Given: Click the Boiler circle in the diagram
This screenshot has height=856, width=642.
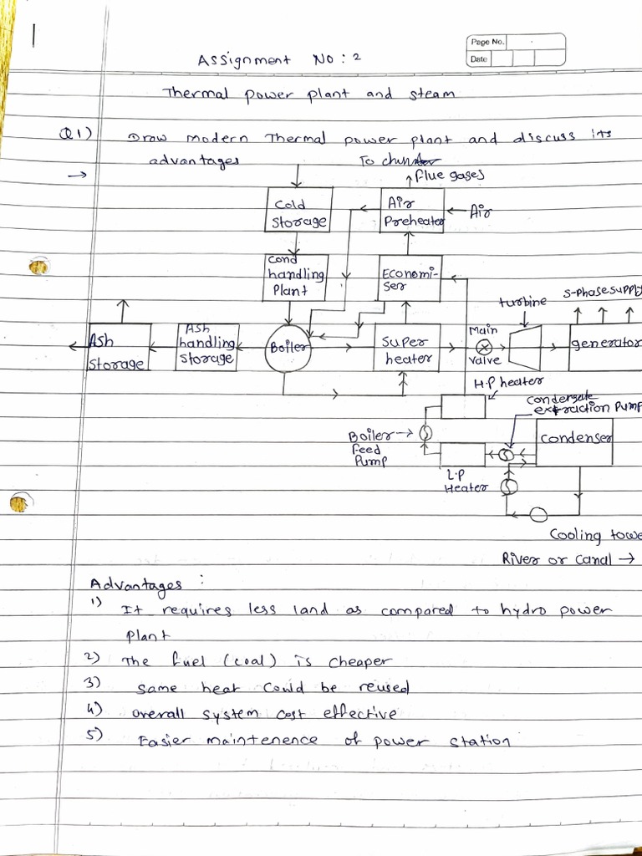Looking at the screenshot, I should click(289, 348).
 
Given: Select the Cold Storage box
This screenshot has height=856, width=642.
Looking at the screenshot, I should click(299, 210).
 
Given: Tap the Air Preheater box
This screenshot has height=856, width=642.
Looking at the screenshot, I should click(412, 210).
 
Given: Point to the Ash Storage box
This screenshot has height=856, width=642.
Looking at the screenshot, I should click(119, 348).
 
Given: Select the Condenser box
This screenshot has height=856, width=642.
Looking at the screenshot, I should click(574, 441).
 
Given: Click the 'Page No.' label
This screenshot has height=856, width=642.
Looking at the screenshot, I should click(487, 42).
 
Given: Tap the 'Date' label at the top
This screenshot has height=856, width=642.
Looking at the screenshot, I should click(478, 59).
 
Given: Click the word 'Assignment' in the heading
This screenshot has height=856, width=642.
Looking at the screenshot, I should click(243, 61).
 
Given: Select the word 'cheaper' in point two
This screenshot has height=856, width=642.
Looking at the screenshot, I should click(359, 661).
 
